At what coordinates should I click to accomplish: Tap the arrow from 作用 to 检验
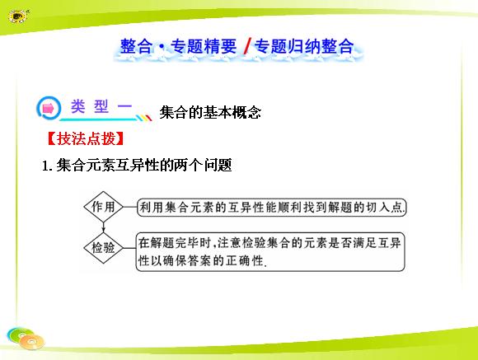point(103,227)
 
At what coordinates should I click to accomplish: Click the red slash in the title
point(247,47)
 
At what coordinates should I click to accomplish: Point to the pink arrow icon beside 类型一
point(48,108)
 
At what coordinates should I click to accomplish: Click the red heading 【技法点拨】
point(86,138)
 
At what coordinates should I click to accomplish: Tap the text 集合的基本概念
point(210,112)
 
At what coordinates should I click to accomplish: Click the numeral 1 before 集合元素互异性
point(45,166)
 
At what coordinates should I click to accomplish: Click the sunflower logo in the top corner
point(18,16)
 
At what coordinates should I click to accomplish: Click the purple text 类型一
point(101,106)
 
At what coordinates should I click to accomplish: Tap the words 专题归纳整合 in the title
point(304,47)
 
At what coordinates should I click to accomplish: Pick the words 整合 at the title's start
point(136,47)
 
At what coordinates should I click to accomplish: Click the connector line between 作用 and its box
point(130,207)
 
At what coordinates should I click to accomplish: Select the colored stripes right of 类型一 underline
point(143,118)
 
